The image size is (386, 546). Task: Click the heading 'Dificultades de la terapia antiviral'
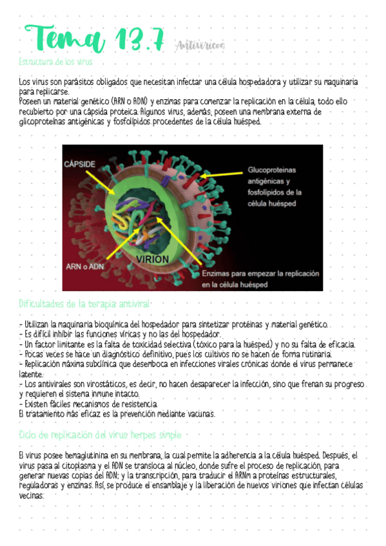[85, 303]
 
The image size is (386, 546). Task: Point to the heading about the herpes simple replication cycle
[100, 434]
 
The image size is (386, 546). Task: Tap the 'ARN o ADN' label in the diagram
[84, 265]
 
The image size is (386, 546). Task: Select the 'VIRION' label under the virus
[153, 259]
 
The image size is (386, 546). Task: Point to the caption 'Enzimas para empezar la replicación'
[260, 273]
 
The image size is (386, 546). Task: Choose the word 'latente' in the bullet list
[31, 374]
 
